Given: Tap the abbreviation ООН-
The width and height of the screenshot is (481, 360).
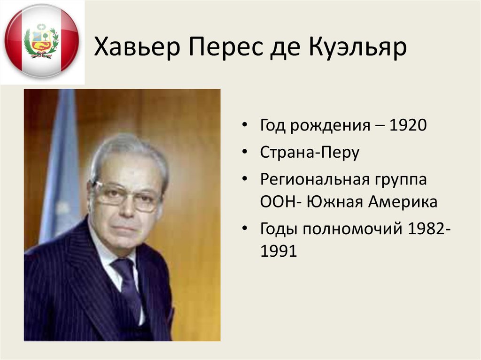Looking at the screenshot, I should point(279,202).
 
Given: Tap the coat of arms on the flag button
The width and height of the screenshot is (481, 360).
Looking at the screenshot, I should point(41,41).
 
